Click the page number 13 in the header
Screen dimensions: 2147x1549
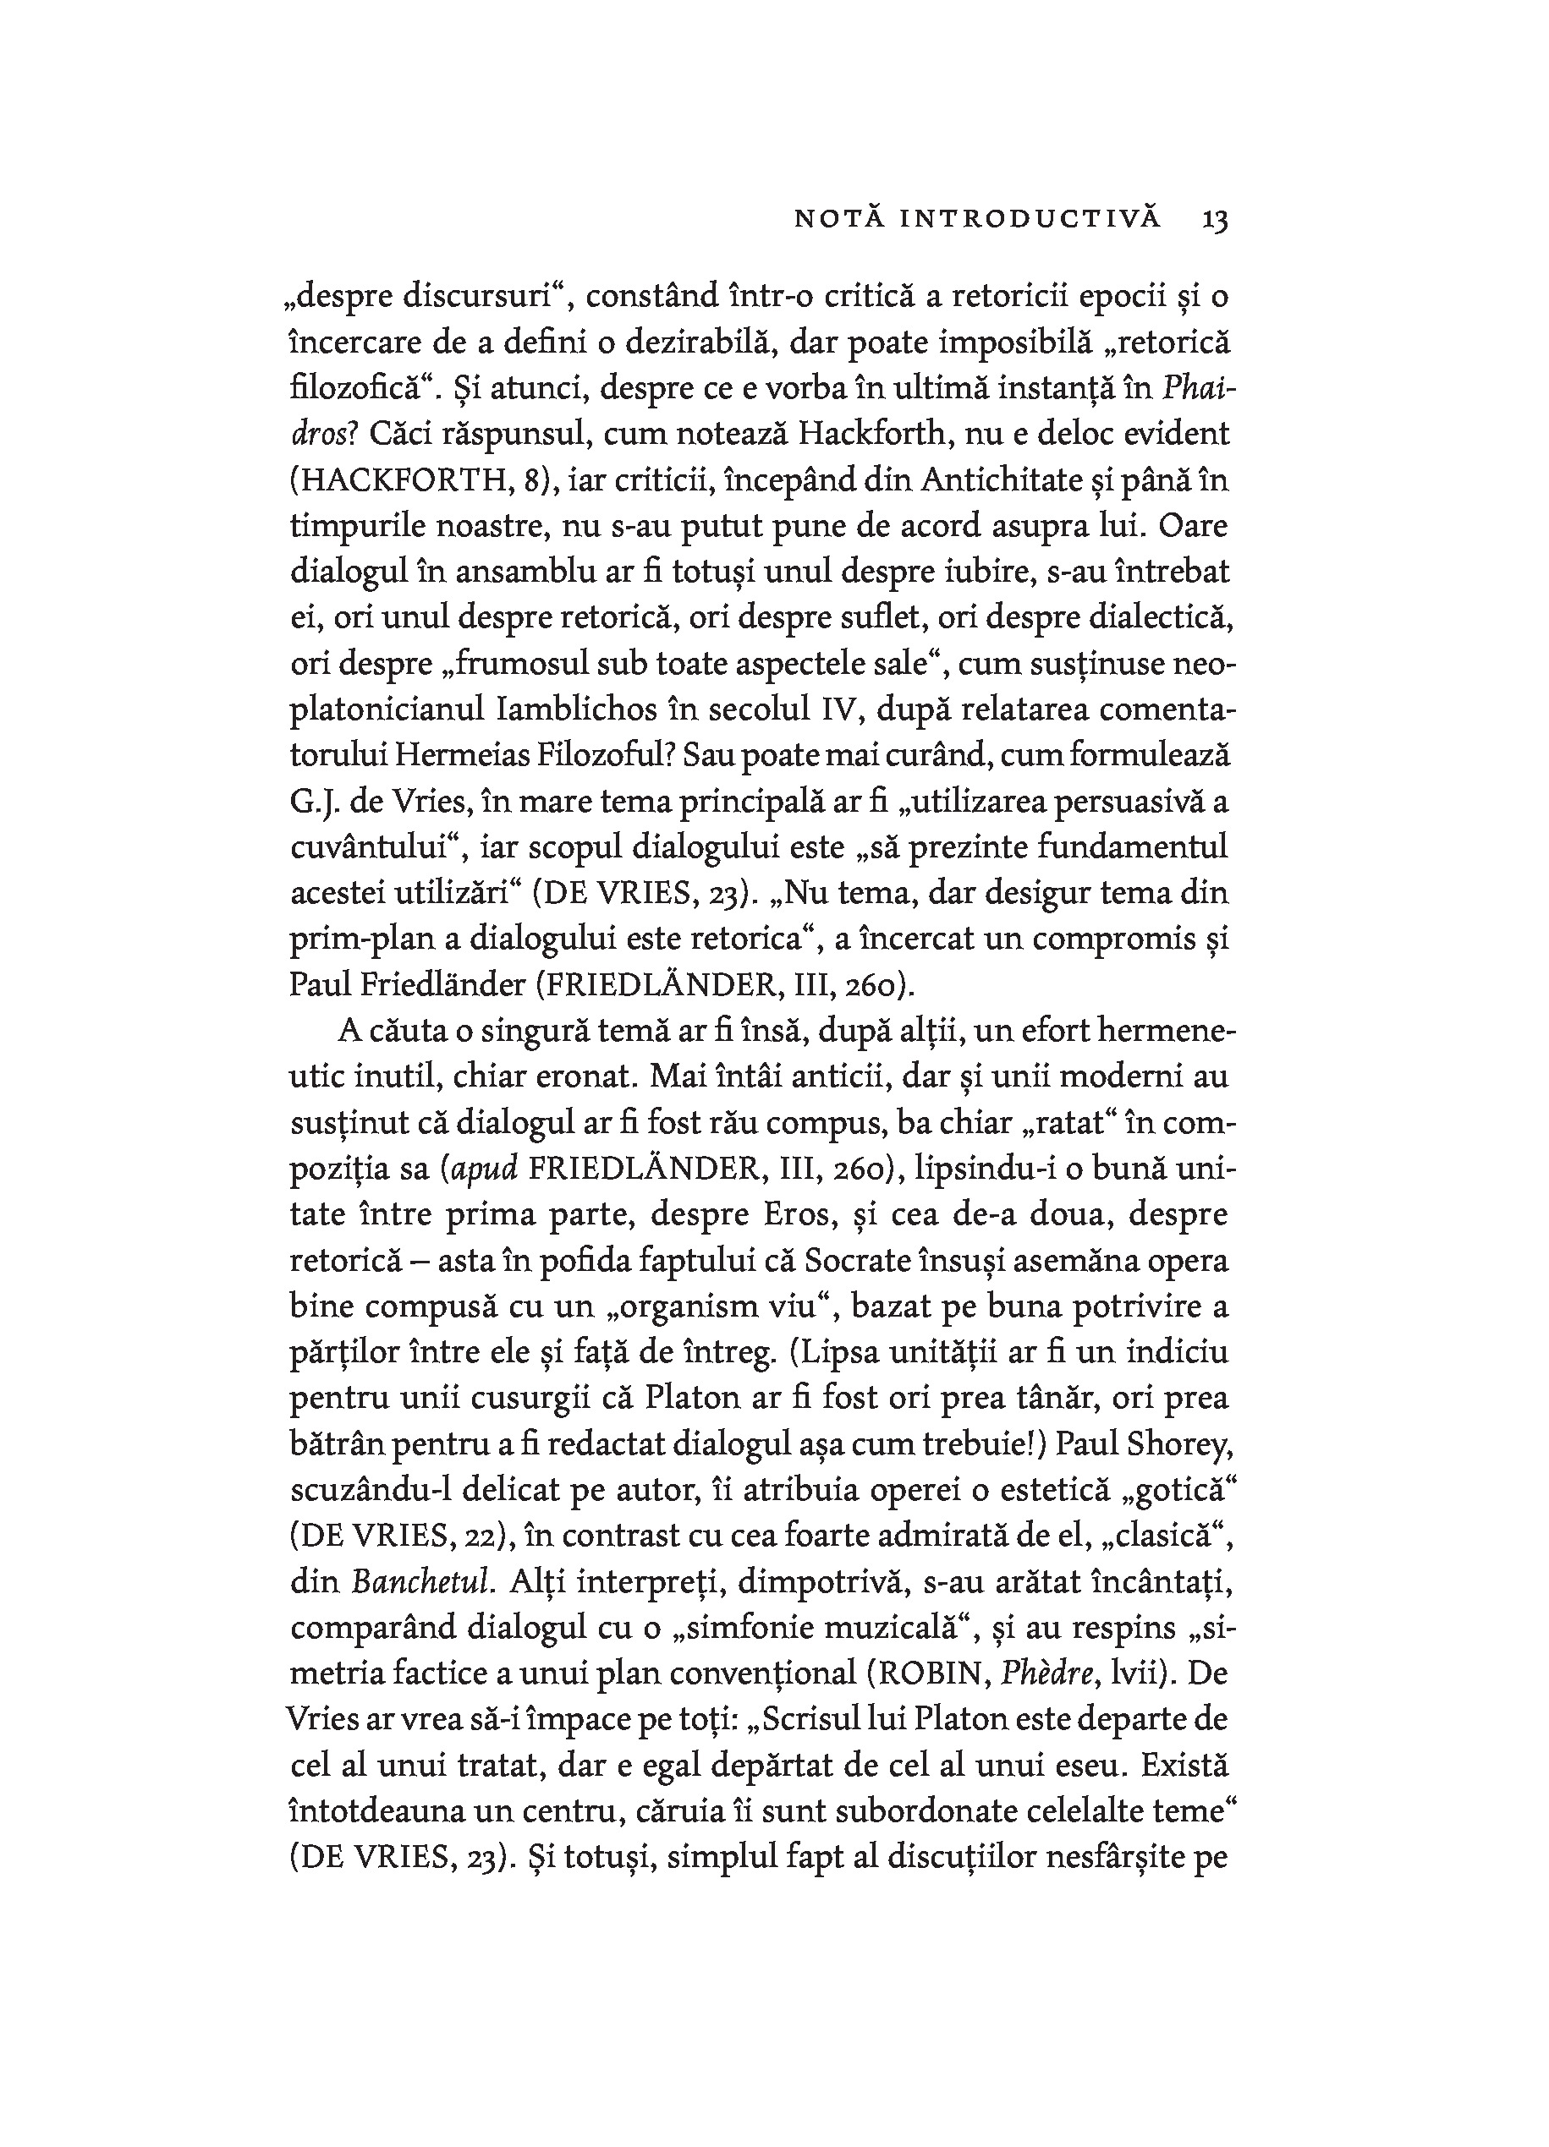coord(1215,220)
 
